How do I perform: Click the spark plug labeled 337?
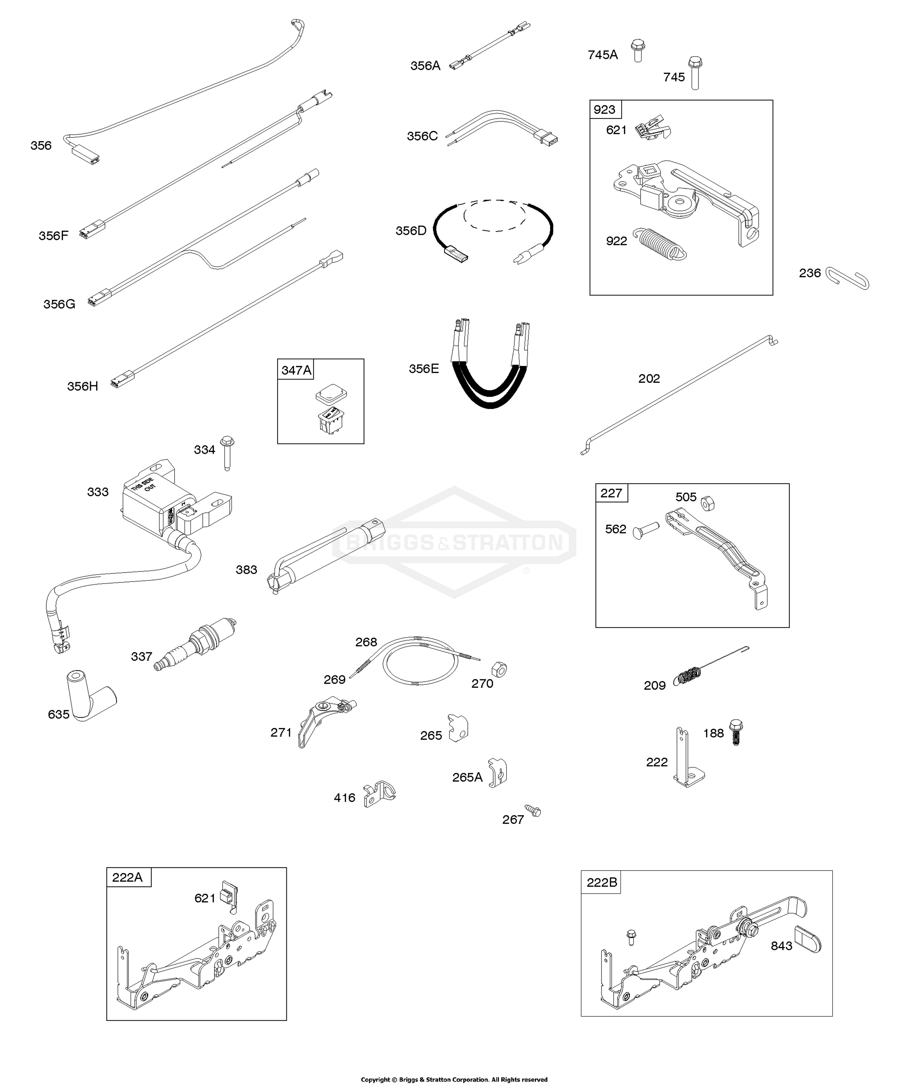[x=195, y=644]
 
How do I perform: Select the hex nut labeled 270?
[x=499, y=669]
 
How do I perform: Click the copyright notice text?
[x=454, y=1079]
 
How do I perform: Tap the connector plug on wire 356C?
[x=547, y=138]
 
